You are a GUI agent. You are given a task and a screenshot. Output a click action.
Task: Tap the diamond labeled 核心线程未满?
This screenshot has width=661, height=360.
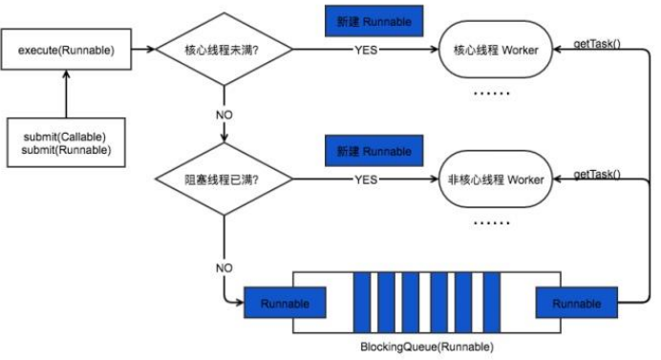point(224,51)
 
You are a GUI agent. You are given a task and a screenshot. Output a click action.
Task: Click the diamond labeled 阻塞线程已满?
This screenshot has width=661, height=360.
point(224,179)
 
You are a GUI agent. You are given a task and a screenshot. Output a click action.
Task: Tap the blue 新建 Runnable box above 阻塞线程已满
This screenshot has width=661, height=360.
point(373,151)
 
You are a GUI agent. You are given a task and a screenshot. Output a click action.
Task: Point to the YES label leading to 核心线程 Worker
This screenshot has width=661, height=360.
point(366,51)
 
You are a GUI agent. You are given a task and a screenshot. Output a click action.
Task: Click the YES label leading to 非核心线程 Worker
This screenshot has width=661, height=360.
point(366,179)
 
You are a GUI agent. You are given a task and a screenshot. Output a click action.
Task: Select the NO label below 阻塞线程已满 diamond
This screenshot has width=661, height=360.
point(224,268)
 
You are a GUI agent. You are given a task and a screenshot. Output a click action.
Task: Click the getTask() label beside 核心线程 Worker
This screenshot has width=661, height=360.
point(595,44)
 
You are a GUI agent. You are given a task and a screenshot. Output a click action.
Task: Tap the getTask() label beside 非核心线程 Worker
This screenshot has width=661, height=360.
point(597,174)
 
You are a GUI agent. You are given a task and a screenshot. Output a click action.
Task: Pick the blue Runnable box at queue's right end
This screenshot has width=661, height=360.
point(576,304)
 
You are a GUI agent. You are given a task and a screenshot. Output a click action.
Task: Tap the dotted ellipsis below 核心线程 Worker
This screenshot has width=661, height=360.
point(492,94)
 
